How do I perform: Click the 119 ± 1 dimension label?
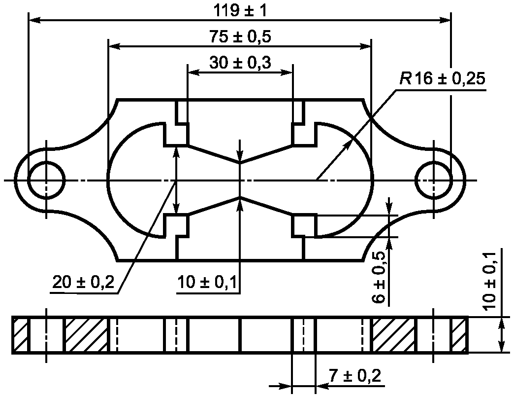pyautogui.click(x=240, y=11)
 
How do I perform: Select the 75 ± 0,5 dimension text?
pyautogui.click(x=240, y=37)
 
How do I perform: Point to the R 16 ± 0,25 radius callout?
pyautogui.click(x=442, y=79)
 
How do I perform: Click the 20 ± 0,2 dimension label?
pyautogui.click(x=83, y=282)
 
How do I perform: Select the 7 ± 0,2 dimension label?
pyautogui.click(x=355, y=376)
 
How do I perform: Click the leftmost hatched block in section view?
pyautogui.click(x=20, y=335)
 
